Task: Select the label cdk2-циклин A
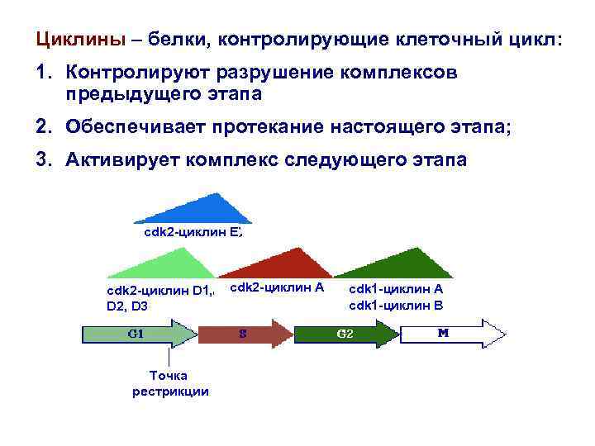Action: click(276, 287)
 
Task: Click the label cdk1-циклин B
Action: click(396, 305)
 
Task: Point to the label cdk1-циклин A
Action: click(396, 288)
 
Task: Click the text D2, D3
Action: click(127, 306)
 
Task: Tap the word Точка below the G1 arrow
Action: click(169, 376)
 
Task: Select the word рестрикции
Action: click(170, 391)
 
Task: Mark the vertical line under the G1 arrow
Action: click(169, 356)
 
